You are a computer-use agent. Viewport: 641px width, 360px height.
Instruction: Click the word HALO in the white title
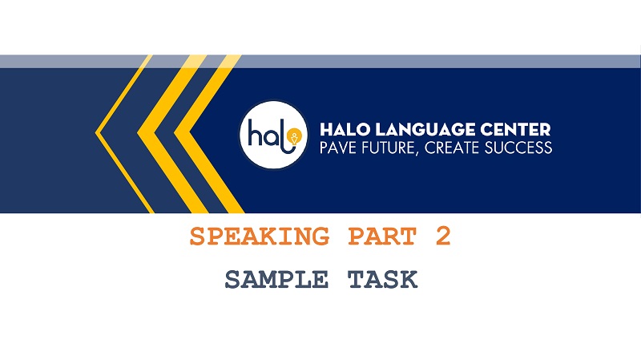pos(345,129)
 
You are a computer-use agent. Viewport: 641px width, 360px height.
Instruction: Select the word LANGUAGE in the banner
pos(422,129)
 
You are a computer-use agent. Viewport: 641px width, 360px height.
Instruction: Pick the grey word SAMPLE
pos(276,280)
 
